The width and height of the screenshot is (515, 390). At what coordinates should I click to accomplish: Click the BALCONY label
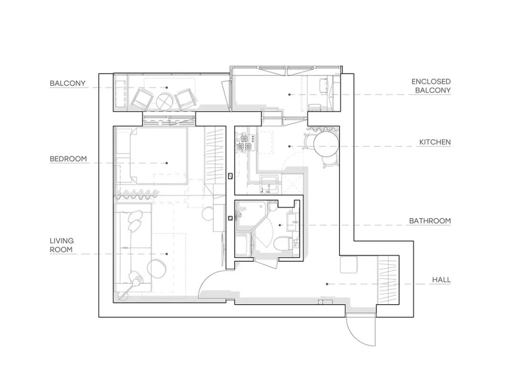[x=67, y=83]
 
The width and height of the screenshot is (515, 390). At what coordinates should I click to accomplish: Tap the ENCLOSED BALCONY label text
[x=431, y=86]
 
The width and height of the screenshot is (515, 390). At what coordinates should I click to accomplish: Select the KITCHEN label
[x=435, y=142]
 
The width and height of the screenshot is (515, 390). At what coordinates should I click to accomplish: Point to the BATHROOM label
[x=430, y=221]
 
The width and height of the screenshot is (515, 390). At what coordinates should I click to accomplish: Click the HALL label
[x=441, y=280]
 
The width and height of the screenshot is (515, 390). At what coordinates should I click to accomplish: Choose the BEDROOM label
[x=68, y=159]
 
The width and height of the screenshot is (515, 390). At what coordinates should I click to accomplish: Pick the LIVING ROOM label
[x=62, y=245]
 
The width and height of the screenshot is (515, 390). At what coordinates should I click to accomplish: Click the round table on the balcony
[x=166, y=102]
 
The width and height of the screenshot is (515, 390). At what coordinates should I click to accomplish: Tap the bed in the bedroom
[x=159, y=155]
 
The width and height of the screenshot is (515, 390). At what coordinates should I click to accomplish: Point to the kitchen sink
[x=269, y=184]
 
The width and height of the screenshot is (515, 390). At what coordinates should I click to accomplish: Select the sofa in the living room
[x=132, y=247]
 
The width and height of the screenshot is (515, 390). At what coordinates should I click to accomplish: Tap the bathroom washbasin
[x=293, y=222]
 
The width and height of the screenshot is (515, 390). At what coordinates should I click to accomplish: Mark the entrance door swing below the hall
[x=360, y=329]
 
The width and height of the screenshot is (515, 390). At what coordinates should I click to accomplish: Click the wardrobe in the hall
[x=388, y=280]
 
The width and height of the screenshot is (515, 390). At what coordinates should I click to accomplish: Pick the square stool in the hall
[x=349, y=265]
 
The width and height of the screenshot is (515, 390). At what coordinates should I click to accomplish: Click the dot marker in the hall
[x=327, y=284]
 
